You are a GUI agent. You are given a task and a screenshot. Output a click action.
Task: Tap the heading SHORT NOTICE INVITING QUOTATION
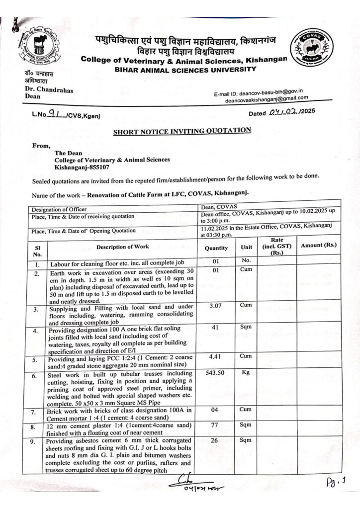tap(182, 131)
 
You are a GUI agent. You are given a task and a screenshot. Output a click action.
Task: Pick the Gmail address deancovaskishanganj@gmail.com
tap(264, 99)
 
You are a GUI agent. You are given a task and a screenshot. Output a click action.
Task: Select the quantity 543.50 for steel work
tap(216, 373)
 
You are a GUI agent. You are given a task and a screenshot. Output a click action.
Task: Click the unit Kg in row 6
tap(246, 372)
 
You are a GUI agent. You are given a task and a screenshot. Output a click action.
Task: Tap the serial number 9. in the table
tap(38, 441)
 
